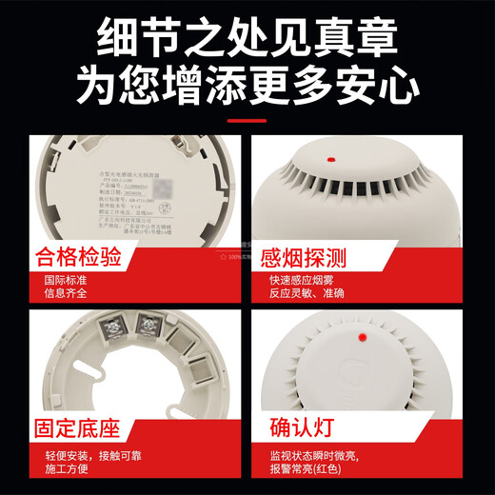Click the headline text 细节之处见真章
pos(247,39)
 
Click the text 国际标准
pos(67,281)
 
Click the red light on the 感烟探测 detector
pos(329,159)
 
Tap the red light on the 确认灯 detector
pos(362,337)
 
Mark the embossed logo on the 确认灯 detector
pos(430,370)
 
